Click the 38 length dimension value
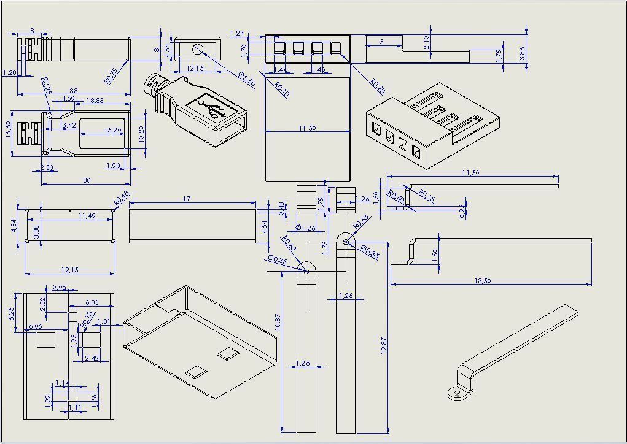pos(74,90)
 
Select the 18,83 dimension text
pos(95,101)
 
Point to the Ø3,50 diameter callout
pos(246,78)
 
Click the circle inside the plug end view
pos(198,49)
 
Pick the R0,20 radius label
pos(377,86)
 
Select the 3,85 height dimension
pos(522,53)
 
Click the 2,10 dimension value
pos(426,42)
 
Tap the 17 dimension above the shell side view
pos(187,199)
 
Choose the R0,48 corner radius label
pos(122,197)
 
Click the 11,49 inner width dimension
pos(87,216)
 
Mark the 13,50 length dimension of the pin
pos(482,281)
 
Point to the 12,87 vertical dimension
pos(384,346)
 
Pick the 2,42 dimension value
pos(92,358)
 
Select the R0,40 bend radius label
pos(396,197)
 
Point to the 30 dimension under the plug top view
pos(87,180)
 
